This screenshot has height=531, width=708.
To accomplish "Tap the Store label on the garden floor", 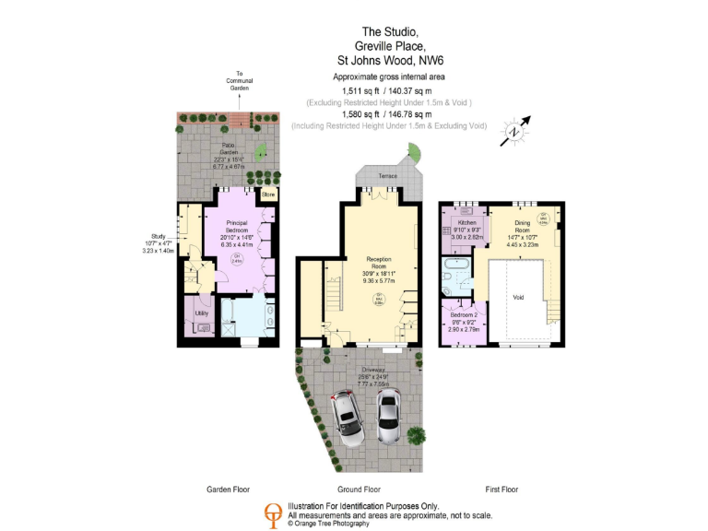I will (268, 195).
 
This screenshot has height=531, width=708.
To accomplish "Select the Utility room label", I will (202, 313).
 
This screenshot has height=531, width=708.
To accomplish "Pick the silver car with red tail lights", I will (347, 417).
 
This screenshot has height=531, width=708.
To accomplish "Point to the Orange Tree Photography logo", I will (272, 513).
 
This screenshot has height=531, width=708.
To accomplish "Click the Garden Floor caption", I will (228, 490).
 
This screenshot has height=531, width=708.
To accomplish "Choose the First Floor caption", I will (501, 490).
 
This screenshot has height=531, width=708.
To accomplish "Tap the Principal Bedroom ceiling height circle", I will (237, 260).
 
